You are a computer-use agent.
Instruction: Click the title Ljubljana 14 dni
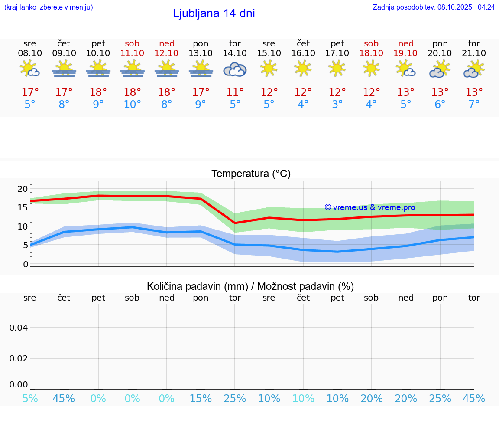point(214,13)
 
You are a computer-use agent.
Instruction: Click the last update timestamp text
point(434,7)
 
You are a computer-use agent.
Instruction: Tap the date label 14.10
point(235,53)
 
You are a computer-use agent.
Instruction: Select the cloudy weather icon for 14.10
point(235,70)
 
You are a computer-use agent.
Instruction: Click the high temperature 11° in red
point(235,92)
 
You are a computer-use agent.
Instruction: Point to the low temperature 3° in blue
point(337,105)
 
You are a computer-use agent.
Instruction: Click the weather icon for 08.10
point(29,69)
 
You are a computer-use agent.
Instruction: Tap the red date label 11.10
point(132,53)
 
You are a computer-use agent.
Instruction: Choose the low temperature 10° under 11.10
point(132,105)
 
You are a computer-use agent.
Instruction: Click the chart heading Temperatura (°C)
point(251,174)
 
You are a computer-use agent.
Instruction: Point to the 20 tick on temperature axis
point(23,189)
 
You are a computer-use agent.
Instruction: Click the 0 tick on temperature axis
point(26,264)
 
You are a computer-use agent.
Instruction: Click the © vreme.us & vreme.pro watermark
point(369,207)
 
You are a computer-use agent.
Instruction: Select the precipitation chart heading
point(250,286)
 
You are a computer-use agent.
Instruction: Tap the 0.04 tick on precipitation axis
point(19,328)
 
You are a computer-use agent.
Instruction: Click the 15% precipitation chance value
point(201,399)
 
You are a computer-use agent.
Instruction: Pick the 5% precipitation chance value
point(29,399)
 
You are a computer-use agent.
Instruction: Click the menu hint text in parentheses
point(49,7)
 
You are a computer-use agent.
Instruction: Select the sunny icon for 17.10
point(337,68)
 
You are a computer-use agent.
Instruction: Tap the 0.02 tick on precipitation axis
point(19,358)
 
